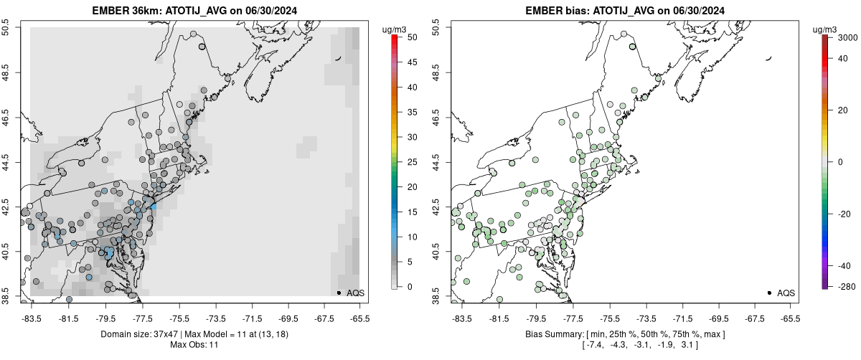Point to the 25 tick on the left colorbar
[413, 162]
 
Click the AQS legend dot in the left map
[339, 293]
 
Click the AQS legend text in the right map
[786, 293]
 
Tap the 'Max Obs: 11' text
[194, 345]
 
